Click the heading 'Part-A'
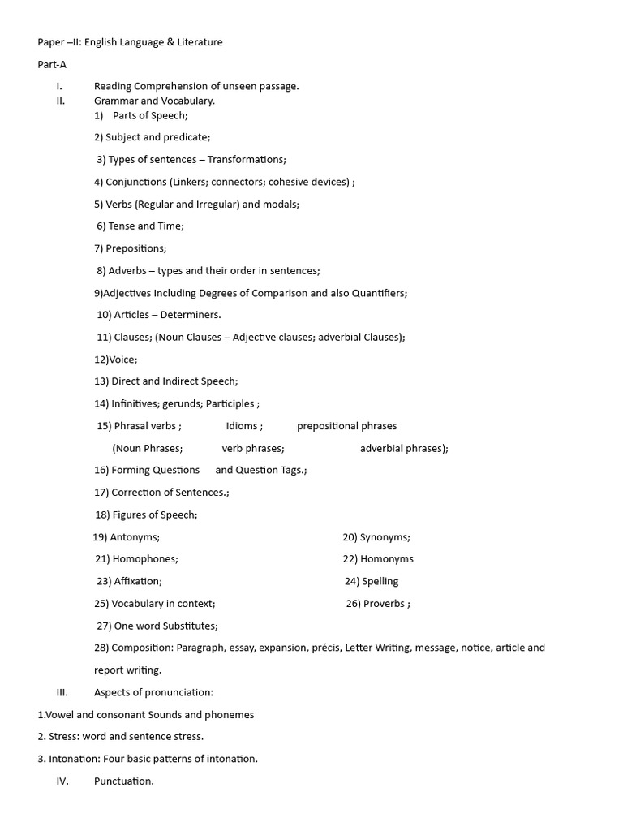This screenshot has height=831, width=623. [52, 64]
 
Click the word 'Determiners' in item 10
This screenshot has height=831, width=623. [191, 315]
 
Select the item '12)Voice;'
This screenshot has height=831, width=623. [116, 359]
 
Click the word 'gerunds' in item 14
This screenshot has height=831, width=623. [182, 403]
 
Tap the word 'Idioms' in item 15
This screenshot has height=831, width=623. [243, 426]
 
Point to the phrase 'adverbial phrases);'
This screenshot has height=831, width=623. [404, 448]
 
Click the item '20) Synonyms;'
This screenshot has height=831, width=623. [376, 537]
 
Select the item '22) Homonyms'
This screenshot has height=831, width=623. [378, 559]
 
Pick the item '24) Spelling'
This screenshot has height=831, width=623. [372, 581]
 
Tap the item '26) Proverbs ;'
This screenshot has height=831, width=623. [378, 604]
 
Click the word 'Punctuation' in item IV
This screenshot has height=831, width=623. [123, 781]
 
